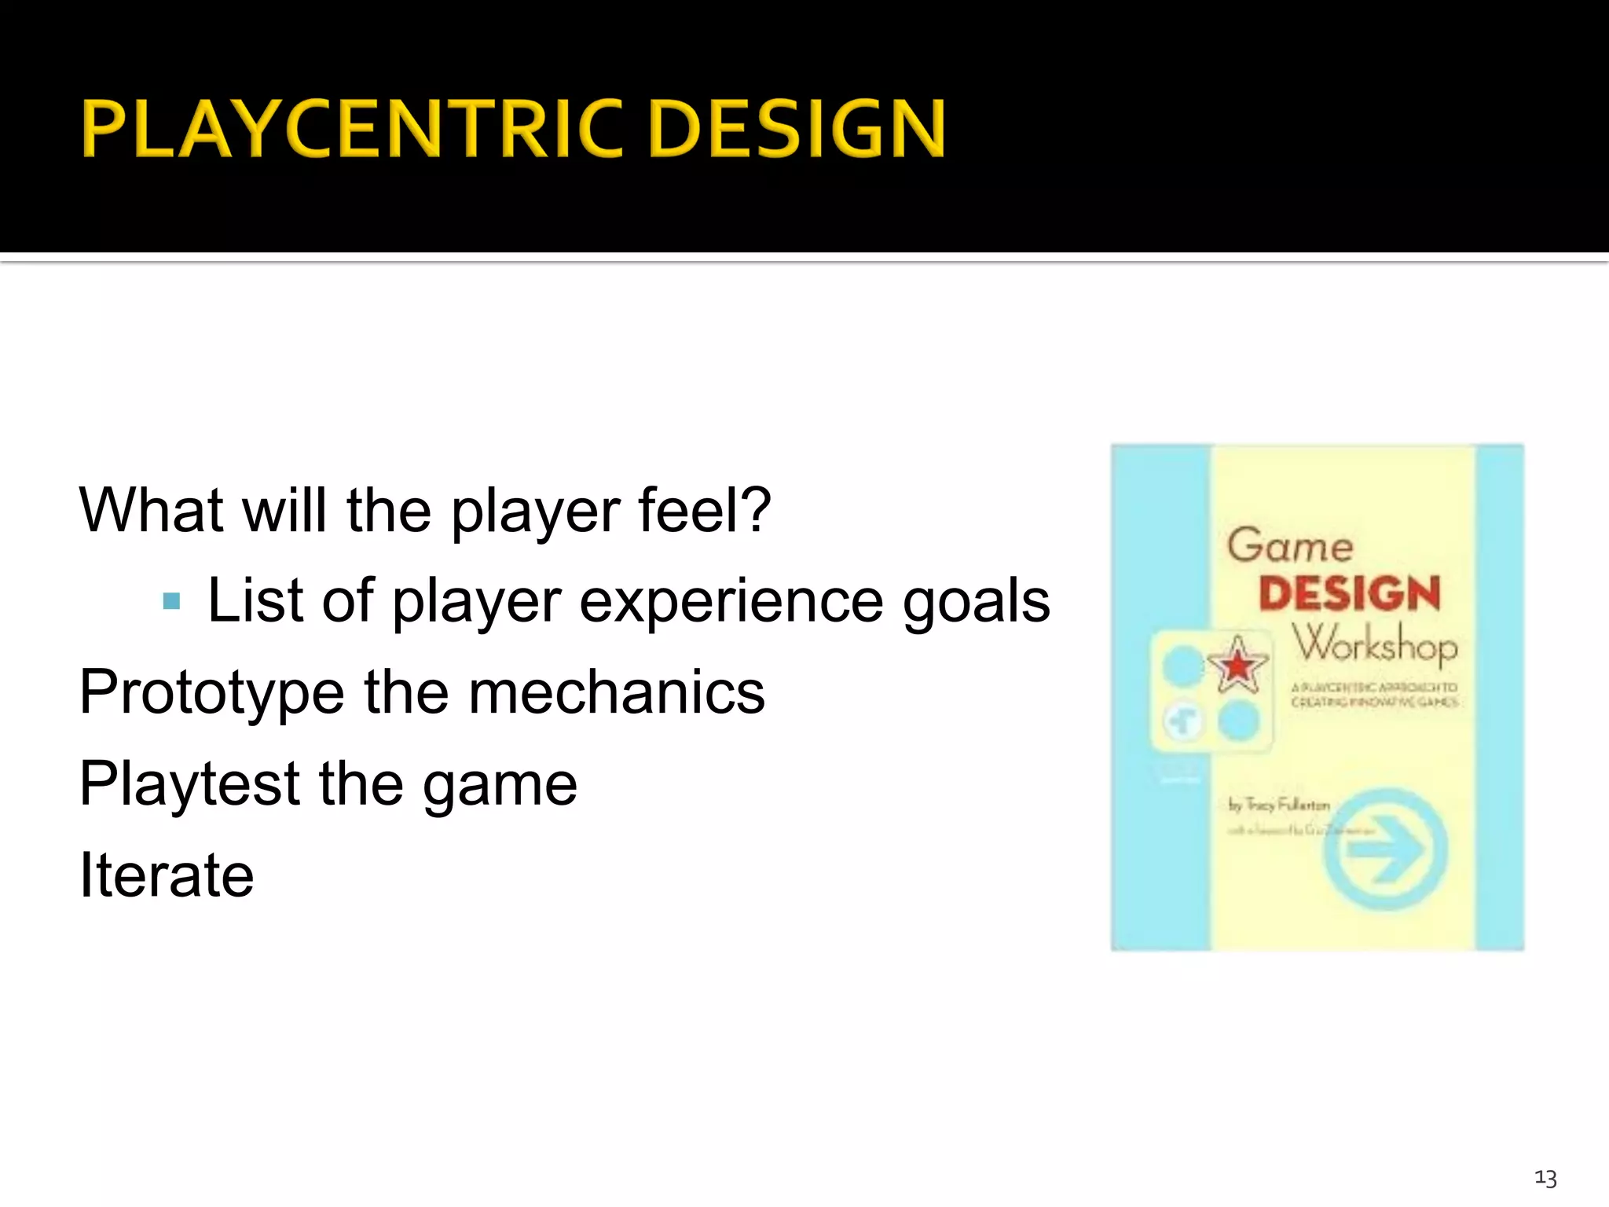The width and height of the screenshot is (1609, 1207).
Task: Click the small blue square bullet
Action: click(171, 603)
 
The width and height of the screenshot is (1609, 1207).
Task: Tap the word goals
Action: click(976, 603)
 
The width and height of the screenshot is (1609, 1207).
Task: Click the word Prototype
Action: click(211, 694)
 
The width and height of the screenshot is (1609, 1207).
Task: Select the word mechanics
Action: click(617, 692)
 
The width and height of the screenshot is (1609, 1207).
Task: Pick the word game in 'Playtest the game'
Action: click(500, 786)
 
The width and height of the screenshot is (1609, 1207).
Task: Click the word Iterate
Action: click(167, 875)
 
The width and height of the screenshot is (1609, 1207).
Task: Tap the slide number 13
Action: click(1545, 1178)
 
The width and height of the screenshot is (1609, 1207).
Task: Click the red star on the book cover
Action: click(1237, 666)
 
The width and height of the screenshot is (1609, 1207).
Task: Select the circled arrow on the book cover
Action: click(1384, 849)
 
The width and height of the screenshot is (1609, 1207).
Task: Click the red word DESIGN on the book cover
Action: click(1349, 594)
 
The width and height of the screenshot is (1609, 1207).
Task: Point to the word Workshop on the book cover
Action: click(1375, 644)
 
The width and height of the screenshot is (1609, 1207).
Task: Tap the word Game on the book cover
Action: click(1290, 546)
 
